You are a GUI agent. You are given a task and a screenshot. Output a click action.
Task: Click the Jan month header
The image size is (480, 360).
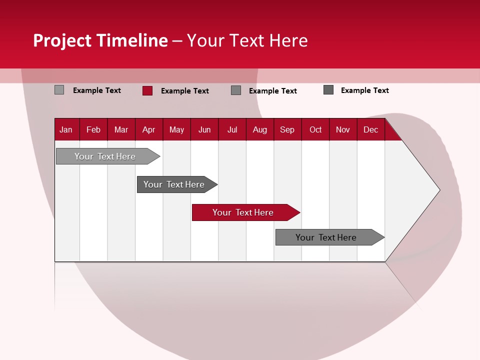(x=66, y=129)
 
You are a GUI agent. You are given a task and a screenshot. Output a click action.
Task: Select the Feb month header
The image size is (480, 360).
(x=93, y=129)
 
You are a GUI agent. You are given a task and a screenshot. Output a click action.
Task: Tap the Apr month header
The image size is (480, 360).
(x=149, y=129)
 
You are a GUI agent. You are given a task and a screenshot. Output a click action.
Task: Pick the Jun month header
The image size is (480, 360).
(x=204, y=129)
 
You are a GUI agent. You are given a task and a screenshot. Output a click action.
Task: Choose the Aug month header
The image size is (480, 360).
(x=260, y=129)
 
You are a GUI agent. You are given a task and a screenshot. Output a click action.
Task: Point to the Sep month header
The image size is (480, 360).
(x=287, y=129)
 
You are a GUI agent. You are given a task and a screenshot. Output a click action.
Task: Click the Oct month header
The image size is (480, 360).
(x=315, y=129)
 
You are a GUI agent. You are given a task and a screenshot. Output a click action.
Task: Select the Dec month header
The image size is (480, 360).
(x=371, y=129)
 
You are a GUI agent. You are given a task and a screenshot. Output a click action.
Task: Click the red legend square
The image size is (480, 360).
(x=147, y=90)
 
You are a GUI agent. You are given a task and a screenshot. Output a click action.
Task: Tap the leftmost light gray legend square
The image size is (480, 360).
(x=59, y=90)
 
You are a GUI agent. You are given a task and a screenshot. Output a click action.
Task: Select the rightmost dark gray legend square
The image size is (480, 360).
(x=328, y=90)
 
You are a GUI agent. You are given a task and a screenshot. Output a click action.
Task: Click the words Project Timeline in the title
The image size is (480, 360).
(x=100, y=40)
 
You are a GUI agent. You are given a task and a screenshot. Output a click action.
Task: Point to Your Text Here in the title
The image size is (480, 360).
(x=247, y=40)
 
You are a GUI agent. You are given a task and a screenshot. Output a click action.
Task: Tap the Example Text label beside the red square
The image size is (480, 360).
(x=185, y=91)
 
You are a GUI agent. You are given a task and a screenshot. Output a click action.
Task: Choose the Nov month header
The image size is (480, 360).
(x=343, y=129)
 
